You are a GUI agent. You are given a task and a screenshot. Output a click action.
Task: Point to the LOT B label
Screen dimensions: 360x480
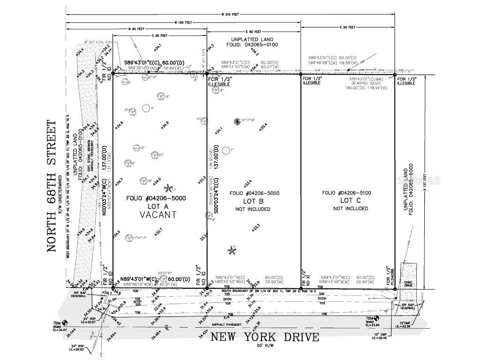pos(253,201)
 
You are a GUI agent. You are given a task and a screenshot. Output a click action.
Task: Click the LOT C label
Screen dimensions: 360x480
pos(347,201)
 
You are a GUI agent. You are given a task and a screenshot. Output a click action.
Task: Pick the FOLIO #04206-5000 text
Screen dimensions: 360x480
pos(156,198)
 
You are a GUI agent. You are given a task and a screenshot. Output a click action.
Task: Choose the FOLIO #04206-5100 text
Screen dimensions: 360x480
pos(346,193)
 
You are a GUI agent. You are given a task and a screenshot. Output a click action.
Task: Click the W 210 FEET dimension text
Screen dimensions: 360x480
pos(230,15)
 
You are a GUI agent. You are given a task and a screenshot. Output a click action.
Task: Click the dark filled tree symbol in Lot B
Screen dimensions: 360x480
pos(238,121)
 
